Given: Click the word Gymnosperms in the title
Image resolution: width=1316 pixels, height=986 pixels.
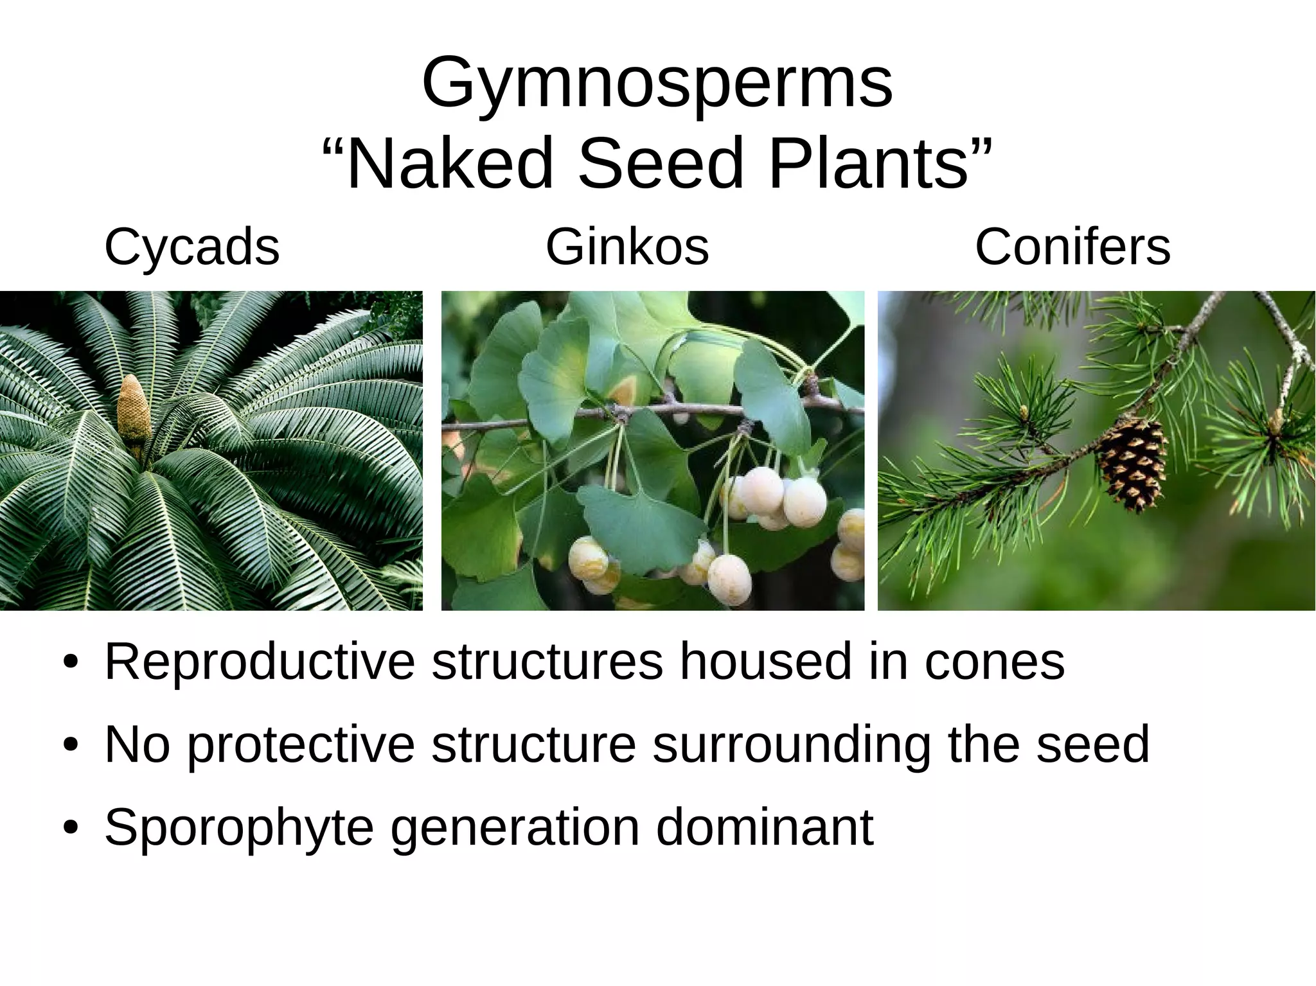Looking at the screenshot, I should (657, 84).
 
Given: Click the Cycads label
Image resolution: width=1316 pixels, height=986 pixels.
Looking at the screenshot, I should (191, 247).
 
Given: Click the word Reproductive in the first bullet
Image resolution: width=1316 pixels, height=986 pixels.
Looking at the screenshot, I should (259, 662).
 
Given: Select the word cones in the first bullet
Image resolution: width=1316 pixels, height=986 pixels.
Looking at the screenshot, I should (994, 662).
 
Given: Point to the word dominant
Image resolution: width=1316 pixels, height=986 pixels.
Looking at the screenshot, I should (764, 827).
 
